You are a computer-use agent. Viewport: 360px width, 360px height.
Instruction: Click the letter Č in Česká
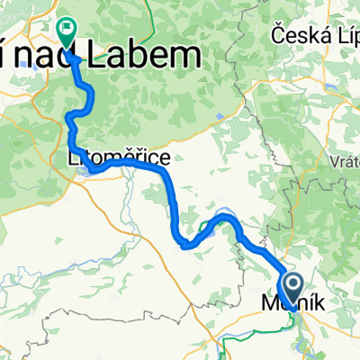coord(276,37)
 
